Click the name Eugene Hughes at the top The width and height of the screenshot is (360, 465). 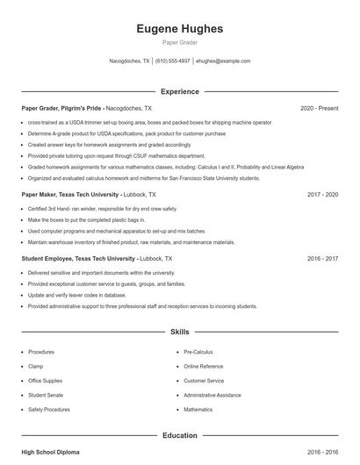point(180,29)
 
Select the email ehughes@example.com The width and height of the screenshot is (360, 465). point(223,61)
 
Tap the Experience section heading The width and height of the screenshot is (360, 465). point(180,91)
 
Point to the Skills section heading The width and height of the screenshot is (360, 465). point(180,333)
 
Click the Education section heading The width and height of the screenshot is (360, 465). point(180,435)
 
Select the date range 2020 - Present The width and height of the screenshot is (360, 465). point(319,108)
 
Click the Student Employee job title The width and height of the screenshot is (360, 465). point(78,259)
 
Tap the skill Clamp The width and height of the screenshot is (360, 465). point(36,366)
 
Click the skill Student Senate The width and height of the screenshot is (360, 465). point(45,395)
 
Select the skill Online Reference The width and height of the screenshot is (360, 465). point(204,366)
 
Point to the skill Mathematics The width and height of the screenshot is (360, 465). point(198,410)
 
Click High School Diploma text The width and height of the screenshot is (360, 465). point(50,452)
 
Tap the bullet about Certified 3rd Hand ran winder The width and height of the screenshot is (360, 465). point(102,209)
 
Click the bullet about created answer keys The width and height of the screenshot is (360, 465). point(109,145)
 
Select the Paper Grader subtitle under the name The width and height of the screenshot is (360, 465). point(180,42)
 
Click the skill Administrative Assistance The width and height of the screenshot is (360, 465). point(212,395)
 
